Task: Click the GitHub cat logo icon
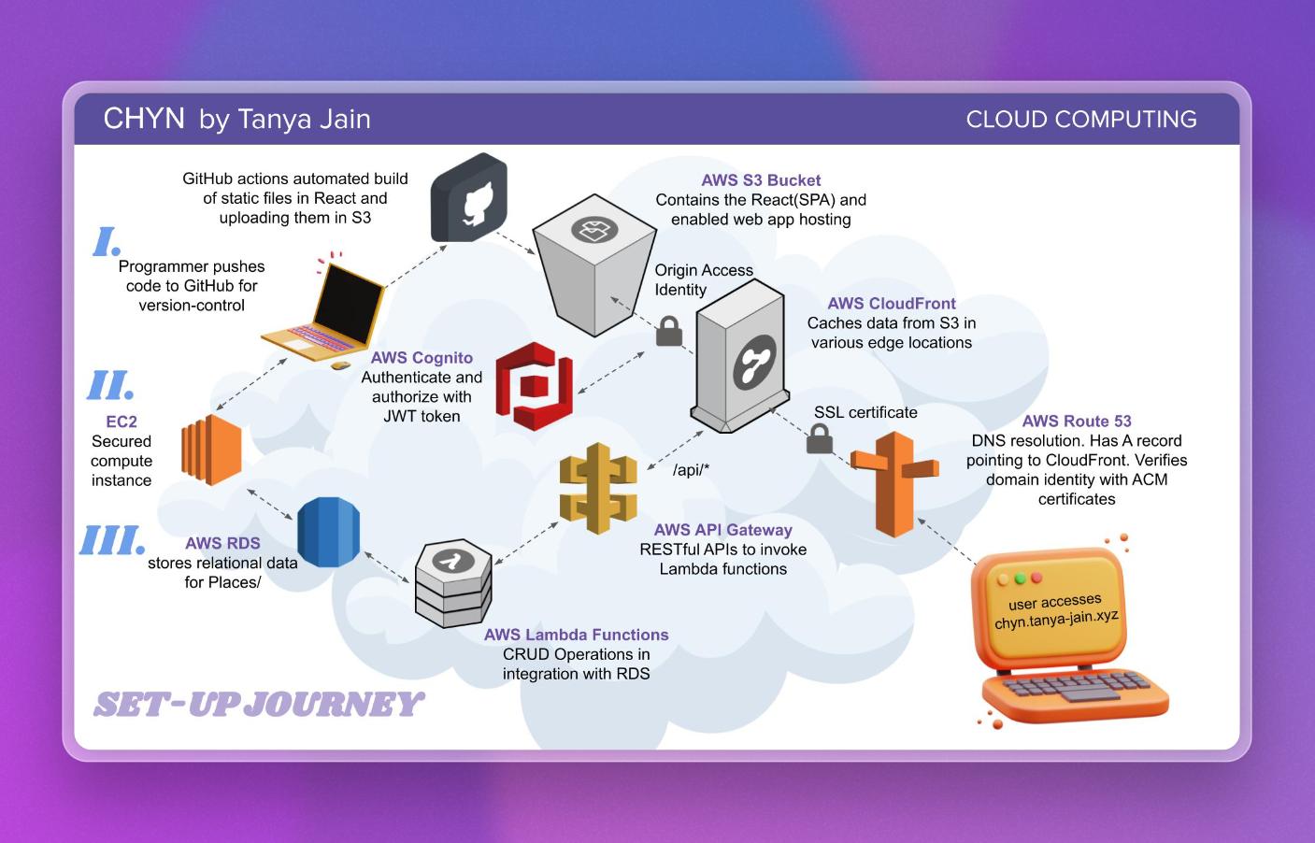click(x=470, y=198)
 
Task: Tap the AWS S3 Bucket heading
click(x=761, y=180)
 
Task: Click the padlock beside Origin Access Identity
click(x=669, y=331)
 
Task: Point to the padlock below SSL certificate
click(x=820, y=438)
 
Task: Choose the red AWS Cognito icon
click(x=533, y=386)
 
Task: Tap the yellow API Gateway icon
click(x=598, y=488)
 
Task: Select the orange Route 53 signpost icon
click(x=894, y=483)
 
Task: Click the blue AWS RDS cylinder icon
click(x=328, y=532)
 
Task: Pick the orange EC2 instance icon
click(x=212, y=450)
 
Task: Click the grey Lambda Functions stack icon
click(x=453, y=583)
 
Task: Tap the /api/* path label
click(x=691, y=469)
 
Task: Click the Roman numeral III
click(x=112, y=539)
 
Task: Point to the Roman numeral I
click(x=107, y=241)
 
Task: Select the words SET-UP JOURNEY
click(x=259, y=704)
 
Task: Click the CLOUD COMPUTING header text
click(x=1081, y=120)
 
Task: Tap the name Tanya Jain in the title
click(x=304, y=120)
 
